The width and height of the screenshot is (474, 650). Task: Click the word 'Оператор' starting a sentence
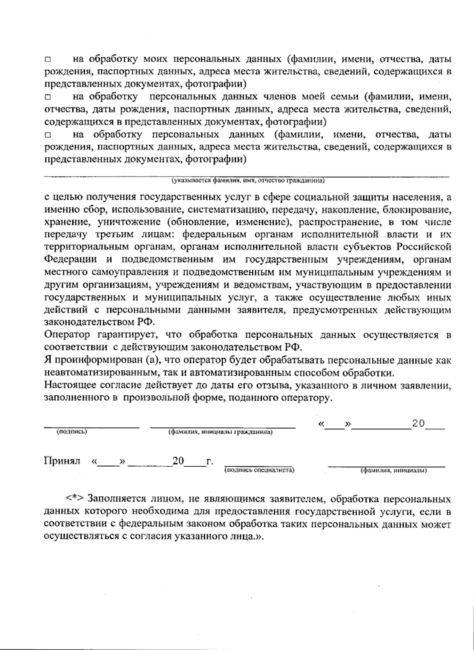(68, 335)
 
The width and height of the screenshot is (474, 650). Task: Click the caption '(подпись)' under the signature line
(72, 431)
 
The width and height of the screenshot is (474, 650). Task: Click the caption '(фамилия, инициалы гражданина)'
(220, 432)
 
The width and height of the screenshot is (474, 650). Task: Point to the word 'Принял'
(62, 461)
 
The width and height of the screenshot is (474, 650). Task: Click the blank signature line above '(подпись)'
(91, 426)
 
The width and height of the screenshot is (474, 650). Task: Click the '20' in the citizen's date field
(418, 423)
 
